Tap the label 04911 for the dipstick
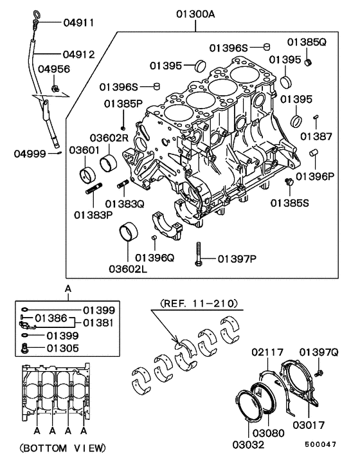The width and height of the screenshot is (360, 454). pos(78,23)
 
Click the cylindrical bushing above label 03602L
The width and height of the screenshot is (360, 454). pos(131,232)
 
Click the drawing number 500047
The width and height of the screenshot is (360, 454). pos(321,444)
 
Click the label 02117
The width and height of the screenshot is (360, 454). pos(264,352)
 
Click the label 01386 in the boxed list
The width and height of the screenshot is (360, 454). pos(51,318)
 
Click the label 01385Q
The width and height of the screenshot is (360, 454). pos(307,42)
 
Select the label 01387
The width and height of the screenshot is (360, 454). pos(316,136)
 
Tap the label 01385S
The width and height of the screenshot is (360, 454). pos(289,203)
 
